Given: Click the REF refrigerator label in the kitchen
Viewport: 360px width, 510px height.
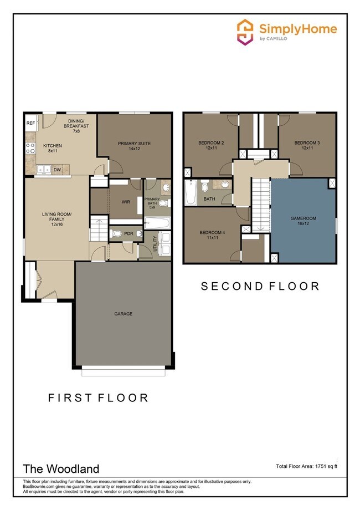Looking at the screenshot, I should click(x=30, y=123).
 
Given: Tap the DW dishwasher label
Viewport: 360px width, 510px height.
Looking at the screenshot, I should click(x=57, y=170).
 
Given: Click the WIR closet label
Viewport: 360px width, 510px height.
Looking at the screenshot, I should click(x=125, y=202).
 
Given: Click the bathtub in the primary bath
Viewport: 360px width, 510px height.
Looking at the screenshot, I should click(x=157, y=223).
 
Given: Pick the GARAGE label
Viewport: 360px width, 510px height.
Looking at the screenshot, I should click(x=124, y=314).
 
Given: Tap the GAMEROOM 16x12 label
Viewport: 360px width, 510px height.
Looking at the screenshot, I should click(x=303, y=221).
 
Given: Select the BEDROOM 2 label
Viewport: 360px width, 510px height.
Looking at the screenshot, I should click(x=211, y=146).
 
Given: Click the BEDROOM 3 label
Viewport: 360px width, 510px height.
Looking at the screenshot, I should click(x=307, y=146).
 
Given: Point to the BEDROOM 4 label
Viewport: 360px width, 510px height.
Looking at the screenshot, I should click(x=211, y=236).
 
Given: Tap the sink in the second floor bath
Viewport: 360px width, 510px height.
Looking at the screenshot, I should click(x=224, y=185).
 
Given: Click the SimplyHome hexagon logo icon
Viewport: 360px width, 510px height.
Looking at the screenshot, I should click(x=245, y=32).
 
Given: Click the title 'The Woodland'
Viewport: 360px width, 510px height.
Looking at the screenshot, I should click(x=53, y=468).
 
